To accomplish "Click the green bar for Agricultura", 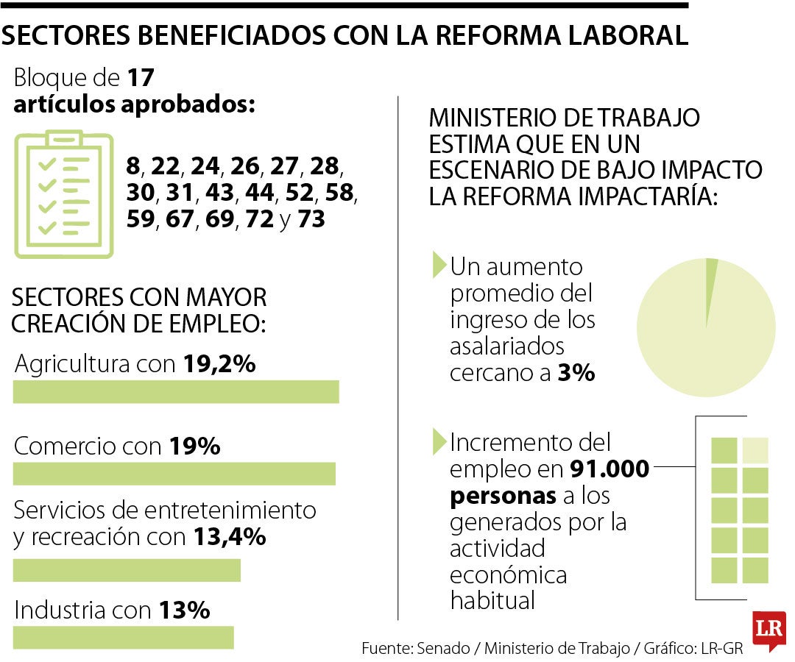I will [176, 392].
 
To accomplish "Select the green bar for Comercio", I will [174, 474].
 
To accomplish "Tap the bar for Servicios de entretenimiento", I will [127, 570].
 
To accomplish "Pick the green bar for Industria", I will [123, 637].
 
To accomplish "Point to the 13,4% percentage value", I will [229, 538].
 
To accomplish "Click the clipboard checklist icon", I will [64, 195].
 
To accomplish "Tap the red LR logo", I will [768, 630].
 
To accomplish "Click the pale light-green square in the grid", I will [755, 450].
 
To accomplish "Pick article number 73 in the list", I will [311, 219].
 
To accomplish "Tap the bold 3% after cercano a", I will [576, 373].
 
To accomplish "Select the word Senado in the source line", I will [443, 649].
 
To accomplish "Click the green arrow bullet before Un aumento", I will [439, 263].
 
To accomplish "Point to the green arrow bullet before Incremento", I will [439, 441].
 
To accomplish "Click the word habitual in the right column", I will [492, 601].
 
